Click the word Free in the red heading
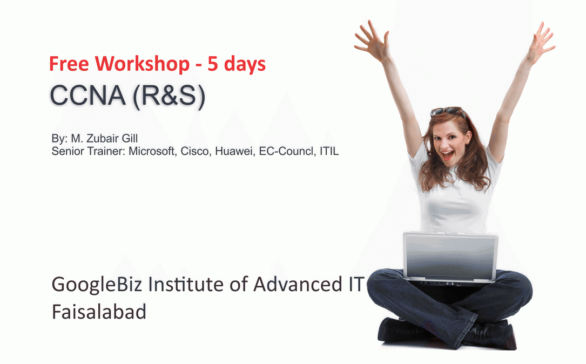[x=70, y=64]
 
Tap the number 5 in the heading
[x=213, y=64]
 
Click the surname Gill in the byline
[x=129, y=139]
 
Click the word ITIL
[x=329, y=151]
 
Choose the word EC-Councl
[x=286, y=151]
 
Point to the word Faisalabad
[x=99, y=312]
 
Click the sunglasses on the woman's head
[x=447, y=112]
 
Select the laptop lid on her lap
[x=450, y=257]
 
